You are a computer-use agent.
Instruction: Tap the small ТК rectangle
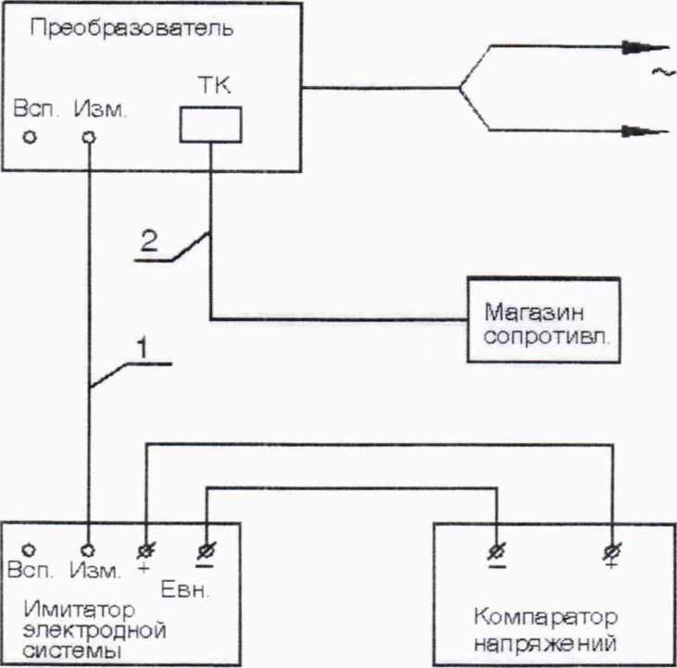click(210, 124)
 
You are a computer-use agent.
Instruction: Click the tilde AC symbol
click(663, 74)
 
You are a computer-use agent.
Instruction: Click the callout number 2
click(147, 241)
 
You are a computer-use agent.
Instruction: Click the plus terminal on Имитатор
click(144, 551)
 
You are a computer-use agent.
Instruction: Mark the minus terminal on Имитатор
click(204, 551)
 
